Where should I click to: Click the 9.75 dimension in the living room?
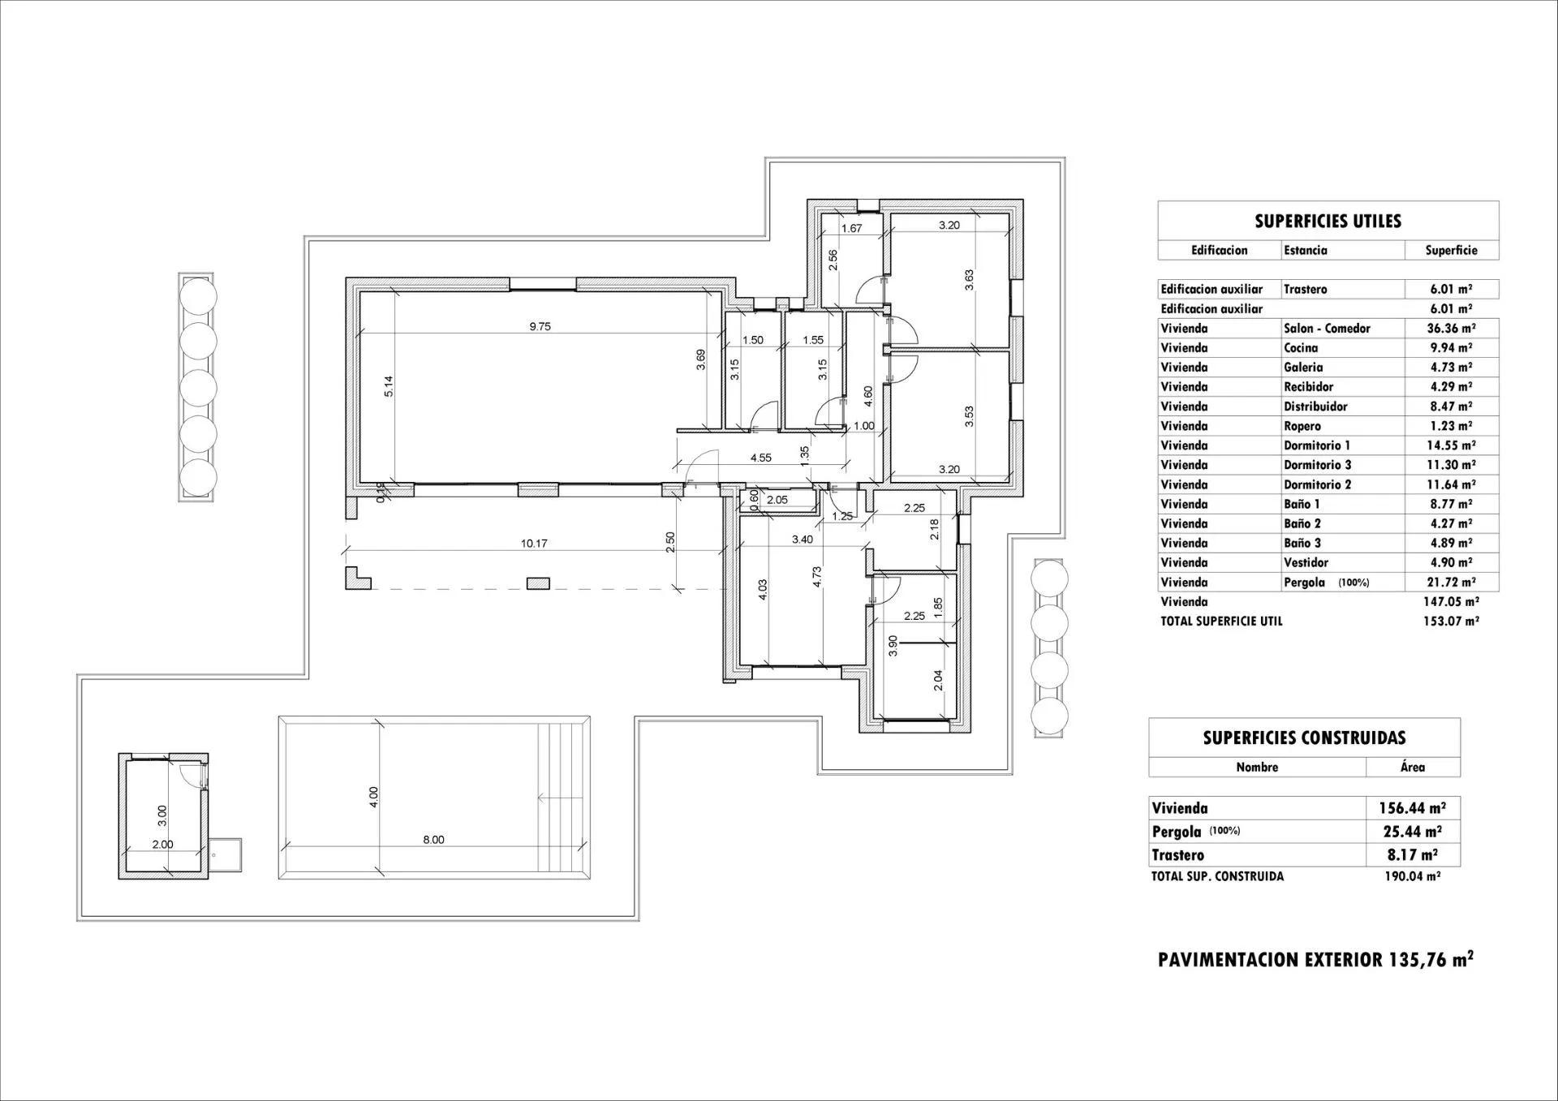(x=540, y=327)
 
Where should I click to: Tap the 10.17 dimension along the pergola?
(x=533, y=544)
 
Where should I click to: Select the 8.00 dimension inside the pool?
(x=433, y=840)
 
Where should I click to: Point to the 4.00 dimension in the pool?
(x=373, y=798)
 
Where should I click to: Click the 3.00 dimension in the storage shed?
(x=161, y=811)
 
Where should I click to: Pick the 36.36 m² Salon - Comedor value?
(x=1451, y=329)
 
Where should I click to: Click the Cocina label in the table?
(x=1301, y=348)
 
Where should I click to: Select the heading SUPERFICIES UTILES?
(x=1328, y=221)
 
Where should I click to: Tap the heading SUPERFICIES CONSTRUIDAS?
(x=1304, y=738)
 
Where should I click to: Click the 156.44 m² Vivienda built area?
(x=1412, y=808)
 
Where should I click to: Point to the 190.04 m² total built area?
(x=1412, y=876)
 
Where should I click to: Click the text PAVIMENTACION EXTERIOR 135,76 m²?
(x=1315, y=960)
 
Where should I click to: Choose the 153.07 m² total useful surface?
(x=1451, y=621)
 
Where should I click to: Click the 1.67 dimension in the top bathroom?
(x=851, y=229)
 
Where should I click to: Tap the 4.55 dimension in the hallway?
(x=760, y=458)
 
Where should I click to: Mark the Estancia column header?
(x=1305, y=251)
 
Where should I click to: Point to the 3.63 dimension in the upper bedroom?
(x=970, y=280)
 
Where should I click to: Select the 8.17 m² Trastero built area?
(x=1412, y=854)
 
